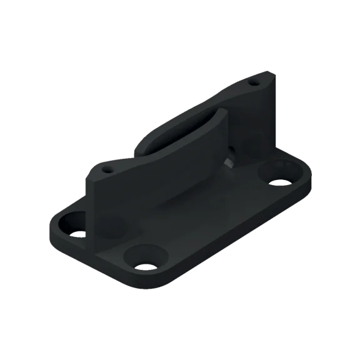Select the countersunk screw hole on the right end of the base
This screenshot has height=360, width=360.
tap(276, 174)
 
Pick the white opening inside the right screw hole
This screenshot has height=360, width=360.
tap(278, 182)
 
